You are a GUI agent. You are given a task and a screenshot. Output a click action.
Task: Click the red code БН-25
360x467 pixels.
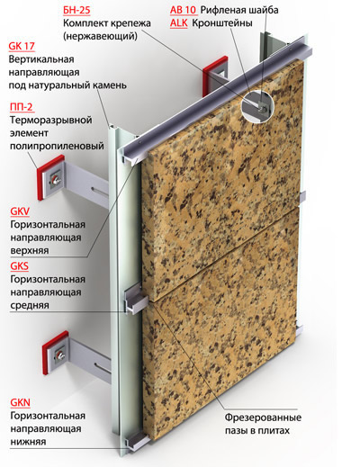tap(76, 10)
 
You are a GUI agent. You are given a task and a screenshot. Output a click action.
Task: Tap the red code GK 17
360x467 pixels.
tap(22, 46)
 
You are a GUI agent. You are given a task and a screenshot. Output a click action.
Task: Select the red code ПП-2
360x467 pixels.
tap(21, 107)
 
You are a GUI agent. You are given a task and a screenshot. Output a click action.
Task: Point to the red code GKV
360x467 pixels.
tap(20, 211)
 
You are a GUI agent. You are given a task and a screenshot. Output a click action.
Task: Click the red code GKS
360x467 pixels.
tap(20, 265)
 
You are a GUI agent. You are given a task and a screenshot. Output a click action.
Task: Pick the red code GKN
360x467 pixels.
tap(21, 402)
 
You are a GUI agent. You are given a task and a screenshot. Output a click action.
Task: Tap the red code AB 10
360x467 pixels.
tap(183, 10)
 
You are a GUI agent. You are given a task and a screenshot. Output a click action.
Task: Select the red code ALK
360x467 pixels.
tap(179, 23)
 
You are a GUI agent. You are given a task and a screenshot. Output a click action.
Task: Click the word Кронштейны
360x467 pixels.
tap(222, 23)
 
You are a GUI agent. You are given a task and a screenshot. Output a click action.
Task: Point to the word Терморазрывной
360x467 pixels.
tap(51, 120)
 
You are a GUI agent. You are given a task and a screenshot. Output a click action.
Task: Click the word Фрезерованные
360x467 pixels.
tap(263, 418)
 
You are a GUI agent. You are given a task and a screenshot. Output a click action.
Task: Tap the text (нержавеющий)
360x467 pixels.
tap(100, 36)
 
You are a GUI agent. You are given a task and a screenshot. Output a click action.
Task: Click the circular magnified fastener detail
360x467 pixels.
tap(257, 106)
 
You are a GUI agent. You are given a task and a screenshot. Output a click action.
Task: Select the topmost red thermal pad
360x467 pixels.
tap(214, 76)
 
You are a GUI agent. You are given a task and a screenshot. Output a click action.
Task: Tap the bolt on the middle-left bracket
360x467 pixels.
tap(55, 180)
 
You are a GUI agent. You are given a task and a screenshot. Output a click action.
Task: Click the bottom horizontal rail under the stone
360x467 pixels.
tap(137, 439)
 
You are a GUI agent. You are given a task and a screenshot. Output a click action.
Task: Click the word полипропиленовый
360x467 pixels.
tap(57, 147)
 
